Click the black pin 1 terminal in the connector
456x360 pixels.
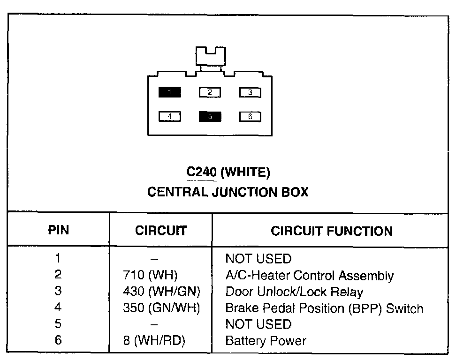[169, 92]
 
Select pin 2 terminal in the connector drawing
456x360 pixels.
[210, 92]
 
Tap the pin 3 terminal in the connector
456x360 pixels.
[250, 92]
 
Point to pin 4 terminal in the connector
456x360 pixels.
[169, 116]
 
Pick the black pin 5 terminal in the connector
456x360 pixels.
[210, 117]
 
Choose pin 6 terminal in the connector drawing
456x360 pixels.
[250, 117]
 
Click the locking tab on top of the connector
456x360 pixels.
[210, 58]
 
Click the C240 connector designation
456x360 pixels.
[201, 173]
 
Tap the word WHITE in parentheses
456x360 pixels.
[245, 173]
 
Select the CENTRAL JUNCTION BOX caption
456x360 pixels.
[228, 192]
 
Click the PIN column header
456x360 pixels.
[58, 230]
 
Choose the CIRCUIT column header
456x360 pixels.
[160, 231]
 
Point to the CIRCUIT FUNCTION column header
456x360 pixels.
[332, 231]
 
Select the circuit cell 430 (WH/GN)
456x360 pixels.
[161, 292]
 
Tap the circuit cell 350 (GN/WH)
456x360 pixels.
[161, 308]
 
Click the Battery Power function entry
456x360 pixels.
[266, 341]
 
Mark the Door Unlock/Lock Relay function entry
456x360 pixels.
[294, 292]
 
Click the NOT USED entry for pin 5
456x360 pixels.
[258, 324]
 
